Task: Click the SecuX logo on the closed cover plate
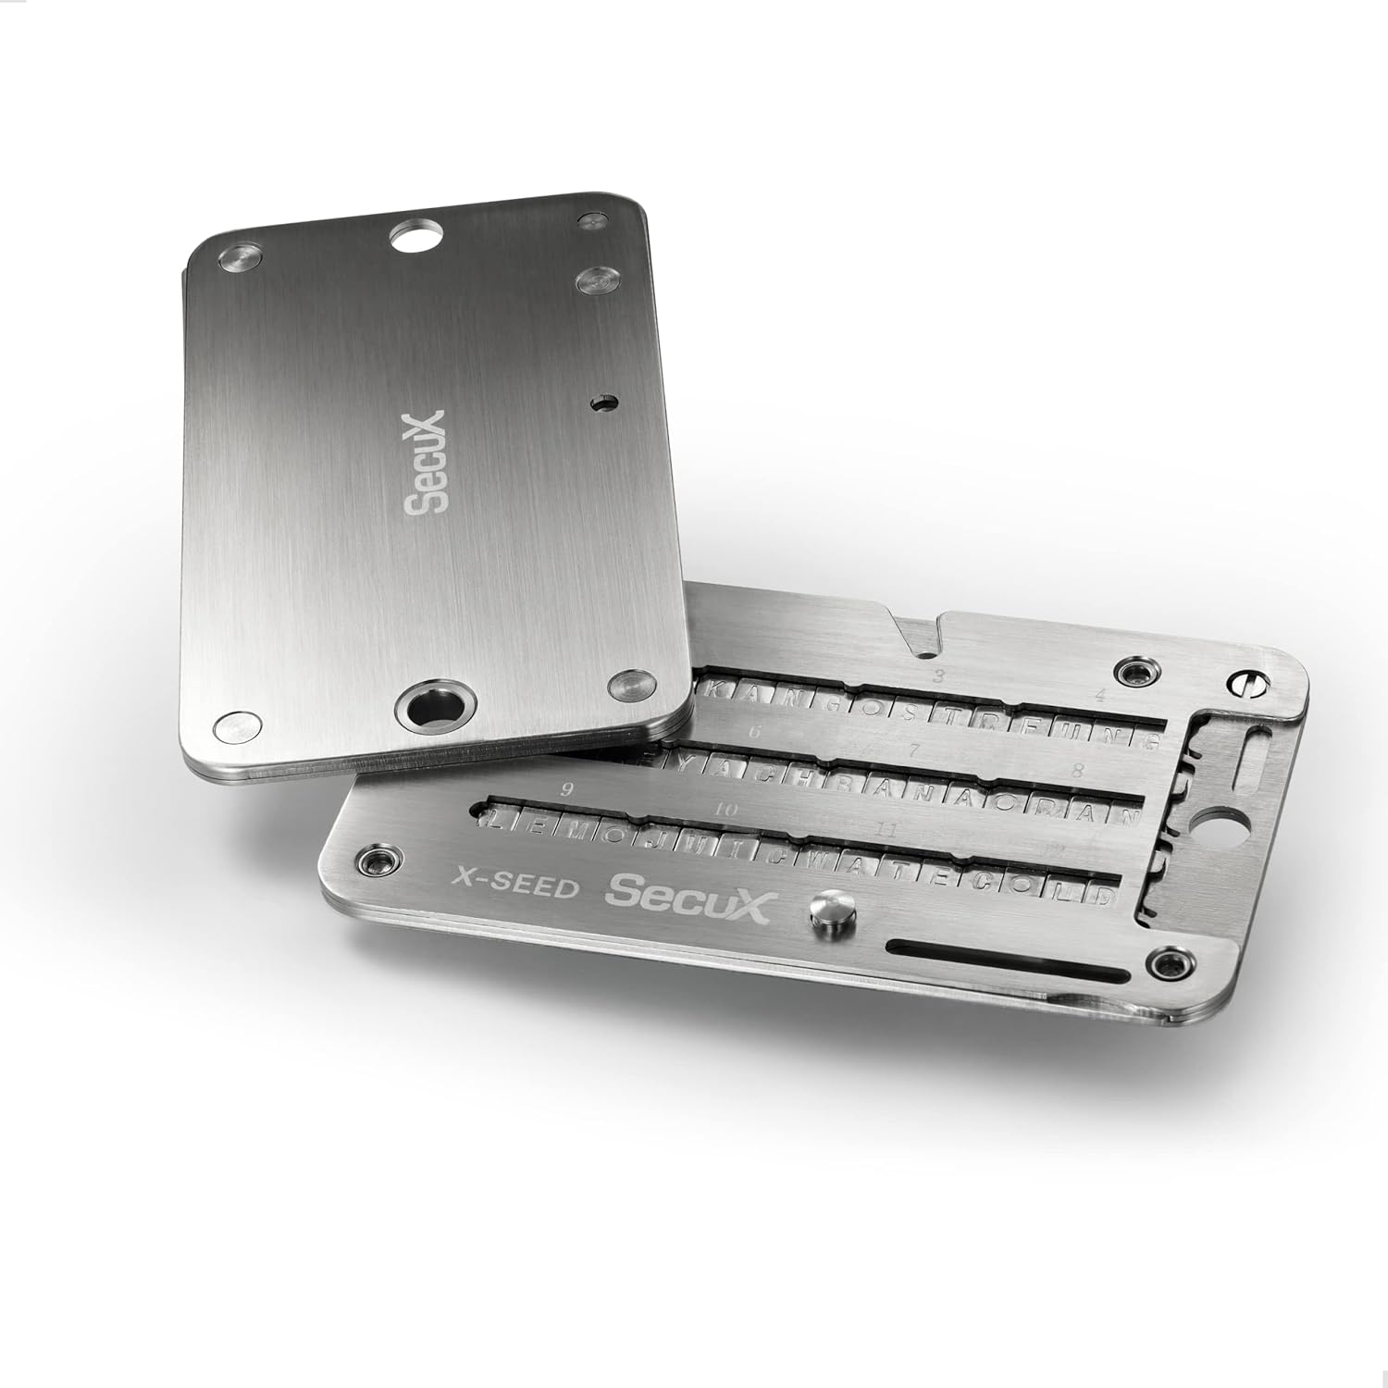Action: click(427, 461)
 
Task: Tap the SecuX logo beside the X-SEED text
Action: click(687, 894)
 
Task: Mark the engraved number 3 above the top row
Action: click(938, 676)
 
